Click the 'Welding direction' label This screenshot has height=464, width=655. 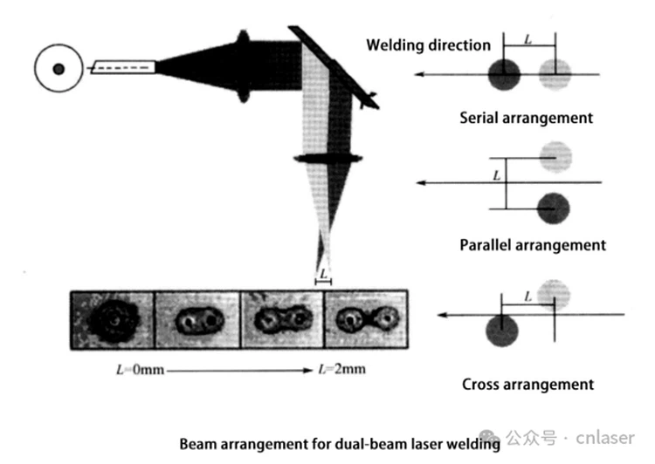[428, 45]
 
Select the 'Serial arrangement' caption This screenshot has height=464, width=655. [526, 118]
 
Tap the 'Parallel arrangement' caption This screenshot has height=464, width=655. [533, 245]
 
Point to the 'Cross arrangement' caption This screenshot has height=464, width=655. [527, 385]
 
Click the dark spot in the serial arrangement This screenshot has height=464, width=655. [504, 74]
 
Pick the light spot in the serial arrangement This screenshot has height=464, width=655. [555, 74]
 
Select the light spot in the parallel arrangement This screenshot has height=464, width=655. [555, 157]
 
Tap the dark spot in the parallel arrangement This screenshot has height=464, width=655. [553, 208]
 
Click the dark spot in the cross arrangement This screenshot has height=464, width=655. [502, 331]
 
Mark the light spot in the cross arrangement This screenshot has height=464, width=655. [554, 296]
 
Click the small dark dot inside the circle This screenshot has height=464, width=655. [59, 69]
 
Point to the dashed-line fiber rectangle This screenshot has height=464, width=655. [123, 67]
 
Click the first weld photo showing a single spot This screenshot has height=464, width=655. [113, 319]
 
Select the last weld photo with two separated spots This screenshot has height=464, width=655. [366, 319]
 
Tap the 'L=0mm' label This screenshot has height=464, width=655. [141, 370]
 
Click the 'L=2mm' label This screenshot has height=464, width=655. [342, 369]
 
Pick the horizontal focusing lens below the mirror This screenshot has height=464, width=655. [327, 159]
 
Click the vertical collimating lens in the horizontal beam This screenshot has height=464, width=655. [243, 66]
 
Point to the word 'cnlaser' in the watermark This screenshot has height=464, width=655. [605, 438]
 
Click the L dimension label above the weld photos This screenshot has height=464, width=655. [323, 274]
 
